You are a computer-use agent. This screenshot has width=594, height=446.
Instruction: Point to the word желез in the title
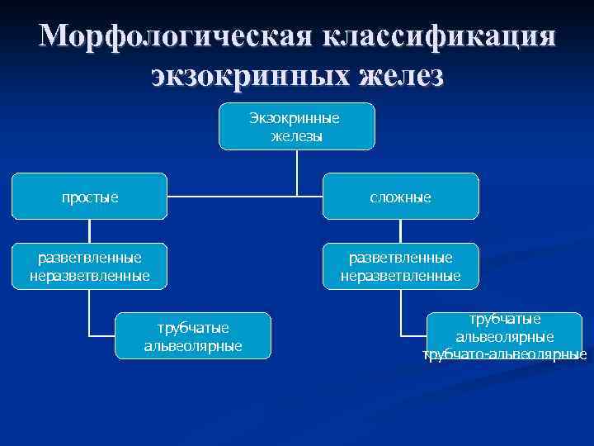(x=402, y=77)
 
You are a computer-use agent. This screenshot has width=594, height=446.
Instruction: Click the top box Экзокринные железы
(x=296, y=126)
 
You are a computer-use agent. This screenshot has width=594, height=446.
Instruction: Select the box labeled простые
(x=89, y=197)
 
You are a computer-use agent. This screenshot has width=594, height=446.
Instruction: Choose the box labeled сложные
(x=400, y=197)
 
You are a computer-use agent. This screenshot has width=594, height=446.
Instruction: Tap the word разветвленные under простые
(x=89, y=259)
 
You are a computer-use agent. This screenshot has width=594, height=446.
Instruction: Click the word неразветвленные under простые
(x=89, y=274)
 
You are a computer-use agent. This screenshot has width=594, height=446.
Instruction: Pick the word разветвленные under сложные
(x=400, y=259)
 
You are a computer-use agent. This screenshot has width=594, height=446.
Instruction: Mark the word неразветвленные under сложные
(x=400, y=274)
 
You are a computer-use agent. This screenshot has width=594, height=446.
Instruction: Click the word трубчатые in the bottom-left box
(x=193, y=328)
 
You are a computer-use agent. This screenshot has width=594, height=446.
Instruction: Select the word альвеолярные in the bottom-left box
(x=193, y=344)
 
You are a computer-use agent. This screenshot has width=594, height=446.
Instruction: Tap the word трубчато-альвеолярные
(x=504, y=355)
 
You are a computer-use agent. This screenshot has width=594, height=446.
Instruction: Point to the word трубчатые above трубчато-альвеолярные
(x=504, y=319)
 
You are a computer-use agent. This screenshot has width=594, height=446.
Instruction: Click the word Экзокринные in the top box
(x=296, y=118)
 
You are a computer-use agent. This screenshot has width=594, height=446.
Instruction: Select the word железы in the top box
(x=296, y=135)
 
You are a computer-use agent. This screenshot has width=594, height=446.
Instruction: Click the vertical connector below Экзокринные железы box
(x=297, y=172)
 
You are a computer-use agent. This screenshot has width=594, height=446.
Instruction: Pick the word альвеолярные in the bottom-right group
(x=504, y=337)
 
